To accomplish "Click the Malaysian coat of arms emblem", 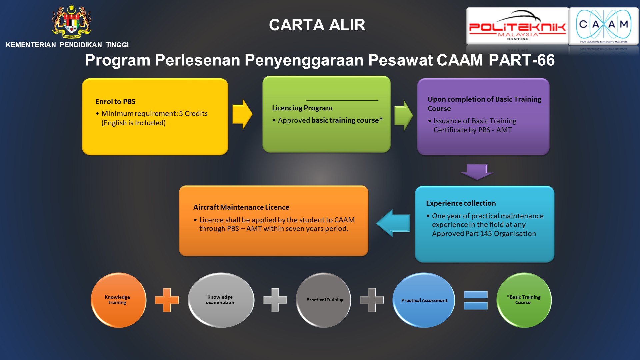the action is click(71, 22).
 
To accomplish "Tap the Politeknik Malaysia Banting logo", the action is click(517, 26).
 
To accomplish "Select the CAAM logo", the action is click(604, 26).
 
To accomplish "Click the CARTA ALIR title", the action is click(317, 25).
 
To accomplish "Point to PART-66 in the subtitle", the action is click(522, 60).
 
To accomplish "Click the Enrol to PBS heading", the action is click(115, 102).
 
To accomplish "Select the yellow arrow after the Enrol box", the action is click(242, 114).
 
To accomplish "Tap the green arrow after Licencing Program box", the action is click(404, 115).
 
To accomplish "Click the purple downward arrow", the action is click(477, 172).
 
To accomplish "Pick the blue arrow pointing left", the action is click(393, 223).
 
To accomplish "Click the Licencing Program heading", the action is click(302, 108).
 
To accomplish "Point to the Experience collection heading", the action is click(461, 203).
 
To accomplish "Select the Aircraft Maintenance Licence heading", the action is click(241, 207).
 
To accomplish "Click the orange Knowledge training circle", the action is click(118, 300).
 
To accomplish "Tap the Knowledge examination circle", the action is click(221, 300).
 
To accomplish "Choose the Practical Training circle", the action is click(324, 300).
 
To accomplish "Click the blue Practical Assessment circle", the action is click(424, 300).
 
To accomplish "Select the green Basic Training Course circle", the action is click(524, 300).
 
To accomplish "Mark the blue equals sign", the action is click(476, 300).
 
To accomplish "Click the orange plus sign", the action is click(167, 300).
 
